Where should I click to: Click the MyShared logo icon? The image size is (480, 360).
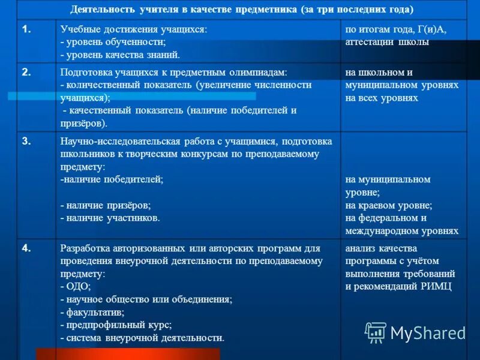click(x=376, y=332)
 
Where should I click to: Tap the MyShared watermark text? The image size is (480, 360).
click(x=428, y=333)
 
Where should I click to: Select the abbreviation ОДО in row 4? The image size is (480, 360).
click(x=78, y=286)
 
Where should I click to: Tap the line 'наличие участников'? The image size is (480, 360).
click(x=110, y=218)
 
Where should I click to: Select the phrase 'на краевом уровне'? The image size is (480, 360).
click(x=388, y=205)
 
